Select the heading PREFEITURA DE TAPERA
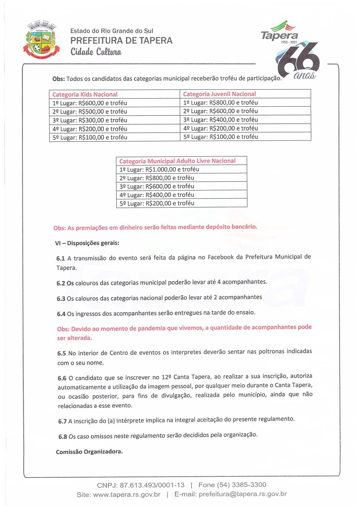point(121,41)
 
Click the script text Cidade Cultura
point(96,52)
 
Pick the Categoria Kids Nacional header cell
point(85,94)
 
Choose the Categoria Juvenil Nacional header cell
point(219,94)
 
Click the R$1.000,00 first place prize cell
point(159,169)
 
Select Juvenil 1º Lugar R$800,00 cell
point(220,102)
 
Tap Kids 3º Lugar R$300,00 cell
point(90,120)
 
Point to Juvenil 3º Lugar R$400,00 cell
point(220,120)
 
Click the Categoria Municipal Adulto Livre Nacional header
point(177,161)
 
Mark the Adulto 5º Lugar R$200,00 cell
point(157,203)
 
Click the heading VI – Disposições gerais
point(87,243)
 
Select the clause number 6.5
point(62,353)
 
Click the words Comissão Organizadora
point(89,452)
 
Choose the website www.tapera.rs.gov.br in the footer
point(127,495)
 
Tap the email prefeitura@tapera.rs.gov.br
point(243,494)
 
